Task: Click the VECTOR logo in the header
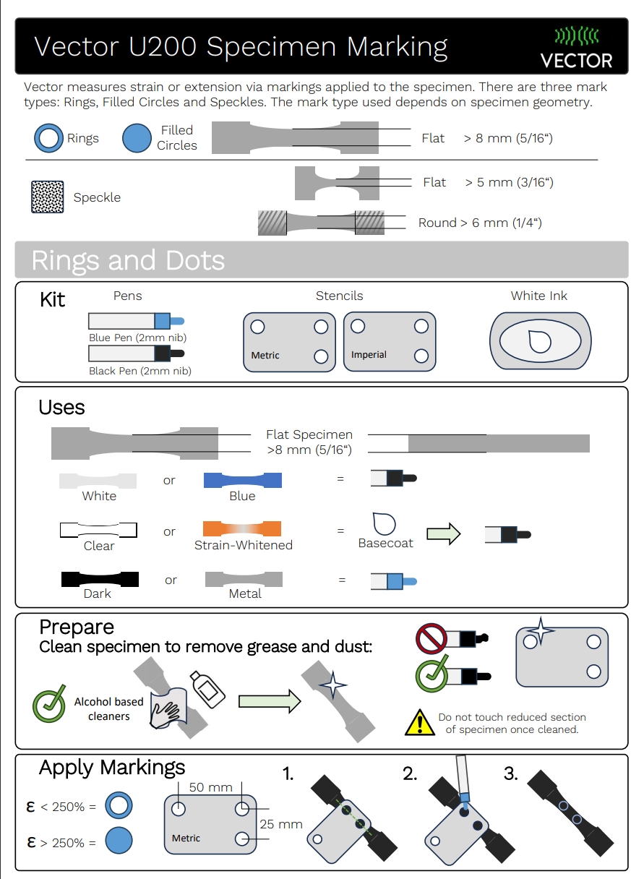coord(577,47)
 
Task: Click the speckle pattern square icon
coord(48,197)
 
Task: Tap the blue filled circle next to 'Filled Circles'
coord(137,137)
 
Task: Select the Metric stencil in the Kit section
coord(289,342)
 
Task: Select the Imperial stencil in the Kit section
coord(390,341)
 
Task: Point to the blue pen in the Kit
coord(136,320)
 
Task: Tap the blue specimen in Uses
coord(242,480)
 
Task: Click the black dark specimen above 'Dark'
coord(99,579)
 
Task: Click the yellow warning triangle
coord(420,723)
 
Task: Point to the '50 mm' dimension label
coord(210,787)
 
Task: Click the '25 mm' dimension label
coord(281,823)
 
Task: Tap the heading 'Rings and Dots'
coord(128,260)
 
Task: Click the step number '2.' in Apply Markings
coord(410,774)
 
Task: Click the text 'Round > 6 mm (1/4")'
coord(480,223)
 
